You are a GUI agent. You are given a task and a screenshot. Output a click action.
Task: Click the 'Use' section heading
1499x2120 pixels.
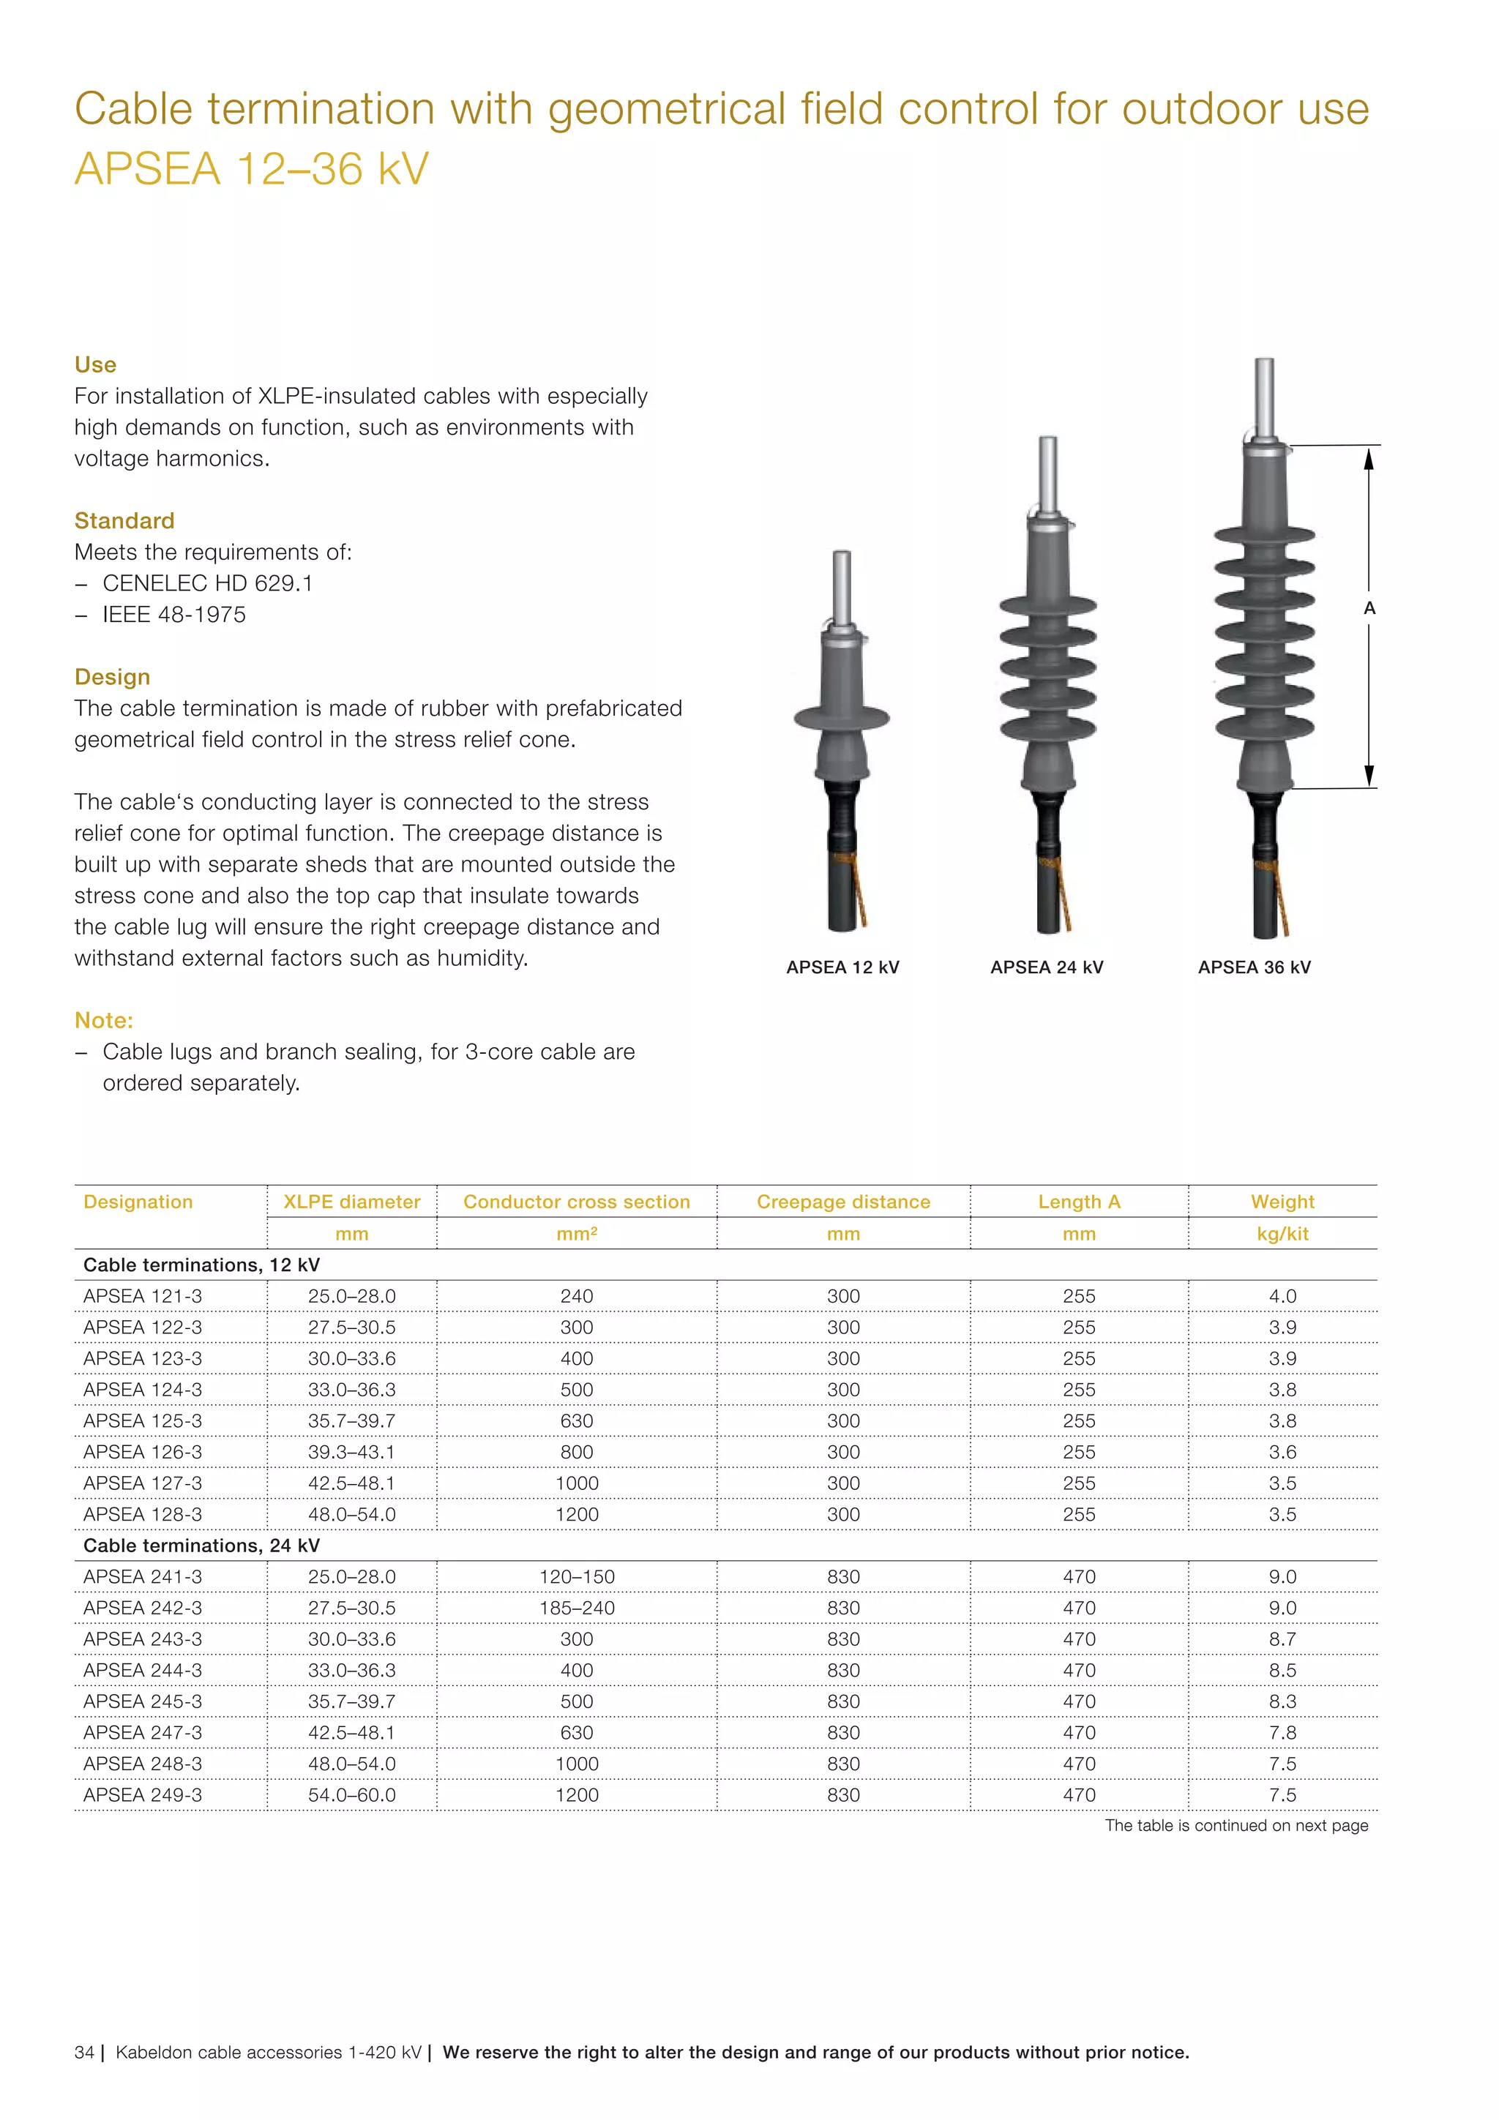point(95,364)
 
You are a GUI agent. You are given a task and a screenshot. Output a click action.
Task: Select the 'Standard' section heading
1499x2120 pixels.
point(124,521)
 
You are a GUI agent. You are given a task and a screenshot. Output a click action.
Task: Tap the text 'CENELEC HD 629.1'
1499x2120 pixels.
point(207,583)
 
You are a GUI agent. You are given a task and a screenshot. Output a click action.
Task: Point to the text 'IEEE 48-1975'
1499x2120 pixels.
point(173,615)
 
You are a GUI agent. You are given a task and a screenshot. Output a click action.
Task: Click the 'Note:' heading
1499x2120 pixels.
point(103,1020)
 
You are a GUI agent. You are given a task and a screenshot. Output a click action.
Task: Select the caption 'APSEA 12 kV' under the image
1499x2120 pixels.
point(842,967)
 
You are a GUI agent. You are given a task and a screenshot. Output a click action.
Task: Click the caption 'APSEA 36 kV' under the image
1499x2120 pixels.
point(1253,967)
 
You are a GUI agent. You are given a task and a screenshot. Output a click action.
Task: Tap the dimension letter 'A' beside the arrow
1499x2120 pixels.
point(1369,608)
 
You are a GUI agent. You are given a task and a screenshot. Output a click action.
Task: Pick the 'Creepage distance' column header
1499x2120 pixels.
point(842,1202)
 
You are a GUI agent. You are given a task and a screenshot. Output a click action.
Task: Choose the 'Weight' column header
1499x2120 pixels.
point(1282,1202)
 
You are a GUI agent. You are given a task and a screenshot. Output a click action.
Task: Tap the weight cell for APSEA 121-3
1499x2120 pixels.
point(1282,1297)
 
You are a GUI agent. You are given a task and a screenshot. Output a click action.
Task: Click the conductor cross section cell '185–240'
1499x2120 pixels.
point(576,1608)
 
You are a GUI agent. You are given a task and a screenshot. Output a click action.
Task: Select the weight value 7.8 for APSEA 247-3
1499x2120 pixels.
point(1282,1732)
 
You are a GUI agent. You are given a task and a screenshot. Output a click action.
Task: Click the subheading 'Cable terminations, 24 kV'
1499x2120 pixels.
point(201,1546)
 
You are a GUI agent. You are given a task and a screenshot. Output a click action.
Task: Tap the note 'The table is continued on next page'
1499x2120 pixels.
point(1236,1825)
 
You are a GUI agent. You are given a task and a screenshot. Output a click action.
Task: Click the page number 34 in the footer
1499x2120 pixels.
point(84,2053)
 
